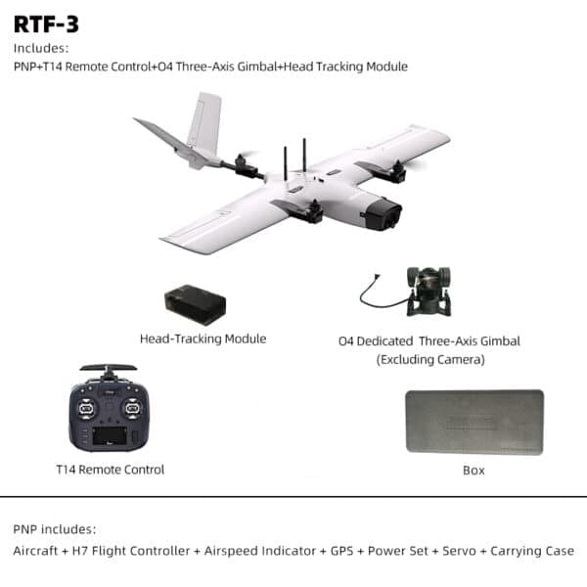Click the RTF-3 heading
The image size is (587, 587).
(x=46, y=23)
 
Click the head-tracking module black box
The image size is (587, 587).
(x=195, y=304)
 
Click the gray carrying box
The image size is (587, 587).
(x=474, y=423)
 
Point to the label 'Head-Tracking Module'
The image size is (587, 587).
(x=203, y=339)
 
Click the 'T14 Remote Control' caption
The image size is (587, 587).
(x=111, y=470)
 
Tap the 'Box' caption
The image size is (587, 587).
(x=474, y=471)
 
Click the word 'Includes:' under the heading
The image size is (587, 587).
(x=40, y=48)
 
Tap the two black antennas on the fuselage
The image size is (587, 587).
(x=294, y=159)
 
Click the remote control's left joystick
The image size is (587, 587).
(x=85, y=401)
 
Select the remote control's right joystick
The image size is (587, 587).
(x=132, y=401)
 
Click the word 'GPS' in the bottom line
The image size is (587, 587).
(x=339, y=551)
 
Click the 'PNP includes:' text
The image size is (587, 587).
(x=55, y=528)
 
